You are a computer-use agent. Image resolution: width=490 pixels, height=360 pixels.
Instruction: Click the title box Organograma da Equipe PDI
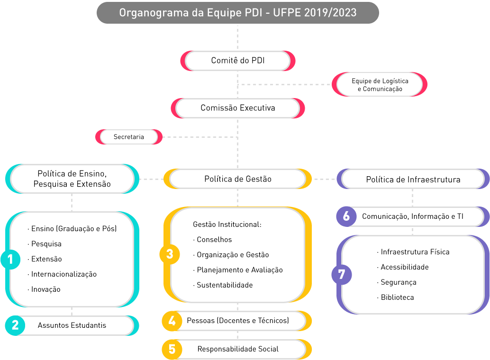237,12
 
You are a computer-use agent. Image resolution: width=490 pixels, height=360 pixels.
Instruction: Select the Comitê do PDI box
237,61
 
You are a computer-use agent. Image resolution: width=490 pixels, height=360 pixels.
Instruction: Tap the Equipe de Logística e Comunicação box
380,85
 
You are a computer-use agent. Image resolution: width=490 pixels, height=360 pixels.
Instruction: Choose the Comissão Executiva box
237,108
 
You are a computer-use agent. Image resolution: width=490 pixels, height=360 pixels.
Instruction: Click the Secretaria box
129,137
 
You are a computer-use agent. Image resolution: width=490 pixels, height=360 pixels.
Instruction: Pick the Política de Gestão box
237,179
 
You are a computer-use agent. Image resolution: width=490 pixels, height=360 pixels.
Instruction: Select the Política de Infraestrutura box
413,180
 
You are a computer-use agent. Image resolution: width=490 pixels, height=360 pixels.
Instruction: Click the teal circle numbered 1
10,259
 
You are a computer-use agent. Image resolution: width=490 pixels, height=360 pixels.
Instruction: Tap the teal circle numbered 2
15,325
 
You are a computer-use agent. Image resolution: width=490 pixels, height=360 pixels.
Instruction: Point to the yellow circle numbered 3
170,254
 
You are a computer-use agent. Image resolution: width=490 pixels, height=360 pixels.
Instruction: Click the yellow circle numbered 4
172,321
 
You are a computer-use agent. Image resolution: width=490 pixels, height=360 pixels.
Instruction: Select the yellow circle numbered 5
172,350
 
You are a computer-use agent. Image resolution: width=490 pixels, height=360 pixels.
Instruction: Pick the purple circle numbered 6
346,216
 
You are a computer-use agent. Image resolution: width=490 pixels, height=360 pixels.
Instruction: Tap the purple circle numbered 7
341,274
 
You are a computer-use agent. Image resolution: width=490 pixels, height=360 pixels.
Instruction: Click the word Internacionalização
64,274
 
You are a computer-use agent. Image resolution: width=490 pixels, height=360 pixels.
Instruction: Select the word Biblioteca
397,297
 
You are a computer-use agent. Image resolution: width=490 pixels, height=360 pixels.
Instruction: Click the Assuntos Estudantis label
72,325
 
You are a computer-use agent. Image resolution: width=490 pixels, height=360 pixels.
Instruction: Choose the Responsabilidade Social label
238,349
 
